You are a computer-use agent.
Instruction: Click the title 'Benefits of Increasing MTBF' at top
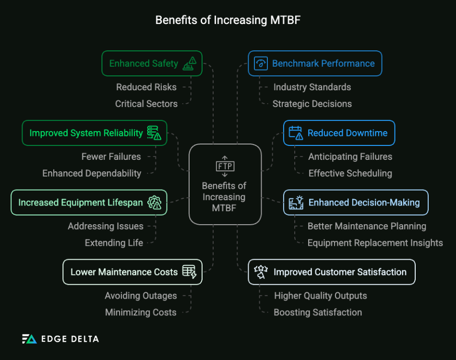coord(228,20)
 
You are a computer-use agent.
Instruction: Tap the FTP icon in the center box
coord(225,166)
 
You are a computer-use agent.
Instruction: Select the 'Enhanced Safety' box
coord(152,63)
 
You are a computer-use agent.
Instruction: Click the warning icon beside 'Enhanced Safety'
coord(190,63)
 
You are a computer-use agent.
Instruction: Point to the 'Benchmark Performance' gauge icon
coord(261,63)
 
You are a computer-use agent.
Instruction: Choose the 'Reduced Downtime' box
coord(339,133)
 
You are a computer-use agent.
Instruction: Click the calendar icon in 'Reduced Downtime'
coord(296,133)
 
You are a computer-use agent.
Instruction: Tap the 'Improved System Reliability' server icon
coord(154,133)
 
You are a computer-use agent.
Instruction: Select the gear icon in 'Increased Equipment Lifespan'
coord(155,203)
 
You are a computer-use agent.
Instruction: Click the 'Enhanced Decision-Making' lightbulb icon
coord(297,203)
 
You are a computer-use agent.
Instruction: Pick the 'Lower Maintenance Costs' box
coord(132,272)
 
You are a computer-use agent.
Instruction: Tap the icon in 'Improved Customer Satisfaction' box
coord(260,272)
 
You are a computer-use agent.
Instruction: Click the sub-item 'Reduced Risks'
coord(146,87)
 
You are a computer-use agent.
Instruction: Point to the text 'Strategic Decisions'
coord(312,104)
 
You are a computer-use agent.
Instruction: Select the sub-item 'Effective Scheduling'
coord(350,173)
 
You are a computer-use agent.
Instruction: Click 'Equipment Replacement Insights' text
coord(375,243)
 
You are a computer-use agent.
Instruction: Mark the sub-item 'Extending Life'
coord(114,243)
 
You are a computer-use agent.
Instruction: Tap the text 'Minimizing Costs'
coord(141,312)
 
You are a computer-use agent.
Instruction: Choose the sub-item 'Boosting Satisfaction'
coord(318,312)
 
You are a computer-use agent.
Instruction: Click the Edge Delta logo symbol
coord(29,339)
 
